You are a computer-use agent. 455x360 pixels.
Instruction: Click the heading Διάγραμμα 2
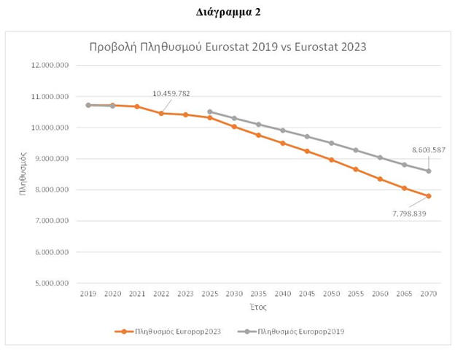click(227, 12)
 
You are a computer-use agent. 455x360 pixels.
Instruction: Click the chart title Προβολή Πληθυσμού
click(227, 47)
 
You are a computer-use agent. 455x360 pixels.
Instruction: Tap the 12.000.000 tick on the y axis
click(51, 65)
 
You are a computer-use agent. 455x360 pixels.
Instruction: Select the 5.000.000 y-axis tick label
click(52, 283)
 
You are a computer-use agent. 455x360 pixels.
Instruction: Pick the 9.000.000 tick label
click(52, 159)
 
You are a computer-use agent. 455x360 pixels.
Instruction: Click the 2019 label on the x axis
click(88, 293)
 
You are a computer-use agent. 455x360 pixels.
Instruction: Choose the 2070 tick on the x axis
click(429, 293)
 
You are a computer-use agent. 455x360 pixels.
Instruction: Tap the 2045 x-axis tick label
click(307, 293)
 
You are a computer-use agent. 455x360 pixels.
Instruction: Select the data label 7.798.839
click(408, 214)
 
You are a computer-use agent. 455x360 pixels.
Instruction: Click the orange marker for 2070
click(429, 196)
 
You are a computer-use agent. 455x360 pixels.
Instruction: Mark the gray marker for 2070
click(429, 171)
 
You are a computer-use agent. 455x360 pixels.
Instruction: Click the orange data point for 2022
click(161, 113)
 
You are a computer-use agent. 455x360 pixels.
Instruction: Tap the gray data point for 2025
click(210, 112)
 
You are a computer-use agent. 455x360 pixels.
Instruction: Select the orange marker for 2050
click(331, 160)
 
